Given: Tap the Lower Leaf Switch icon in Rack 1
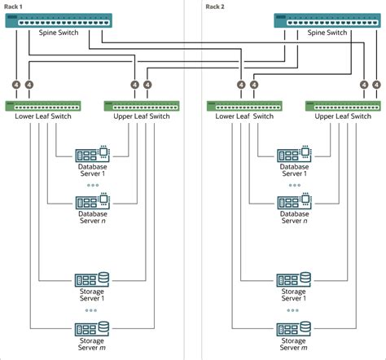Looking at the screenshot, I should click(42, 105).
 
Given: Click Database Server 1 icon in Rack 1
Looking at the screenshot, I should click(92, 154).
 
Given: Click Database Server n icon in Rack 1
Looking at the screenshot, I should click(92, 201).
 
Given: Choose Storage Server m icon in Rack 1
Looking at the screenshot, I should click(92, 328).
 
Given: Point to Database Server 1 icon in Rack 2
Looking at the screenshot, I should click(293, 154).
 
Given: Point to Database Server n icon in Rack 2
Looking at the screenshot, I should click(293, 201).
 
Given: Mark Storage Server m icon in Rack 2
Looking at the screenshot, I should click(293, 328).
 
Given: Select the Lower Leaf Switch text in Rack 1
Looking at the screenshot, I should click(42, 116).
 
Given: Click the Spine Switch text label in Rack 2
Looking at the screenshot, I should click(325, 33).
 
